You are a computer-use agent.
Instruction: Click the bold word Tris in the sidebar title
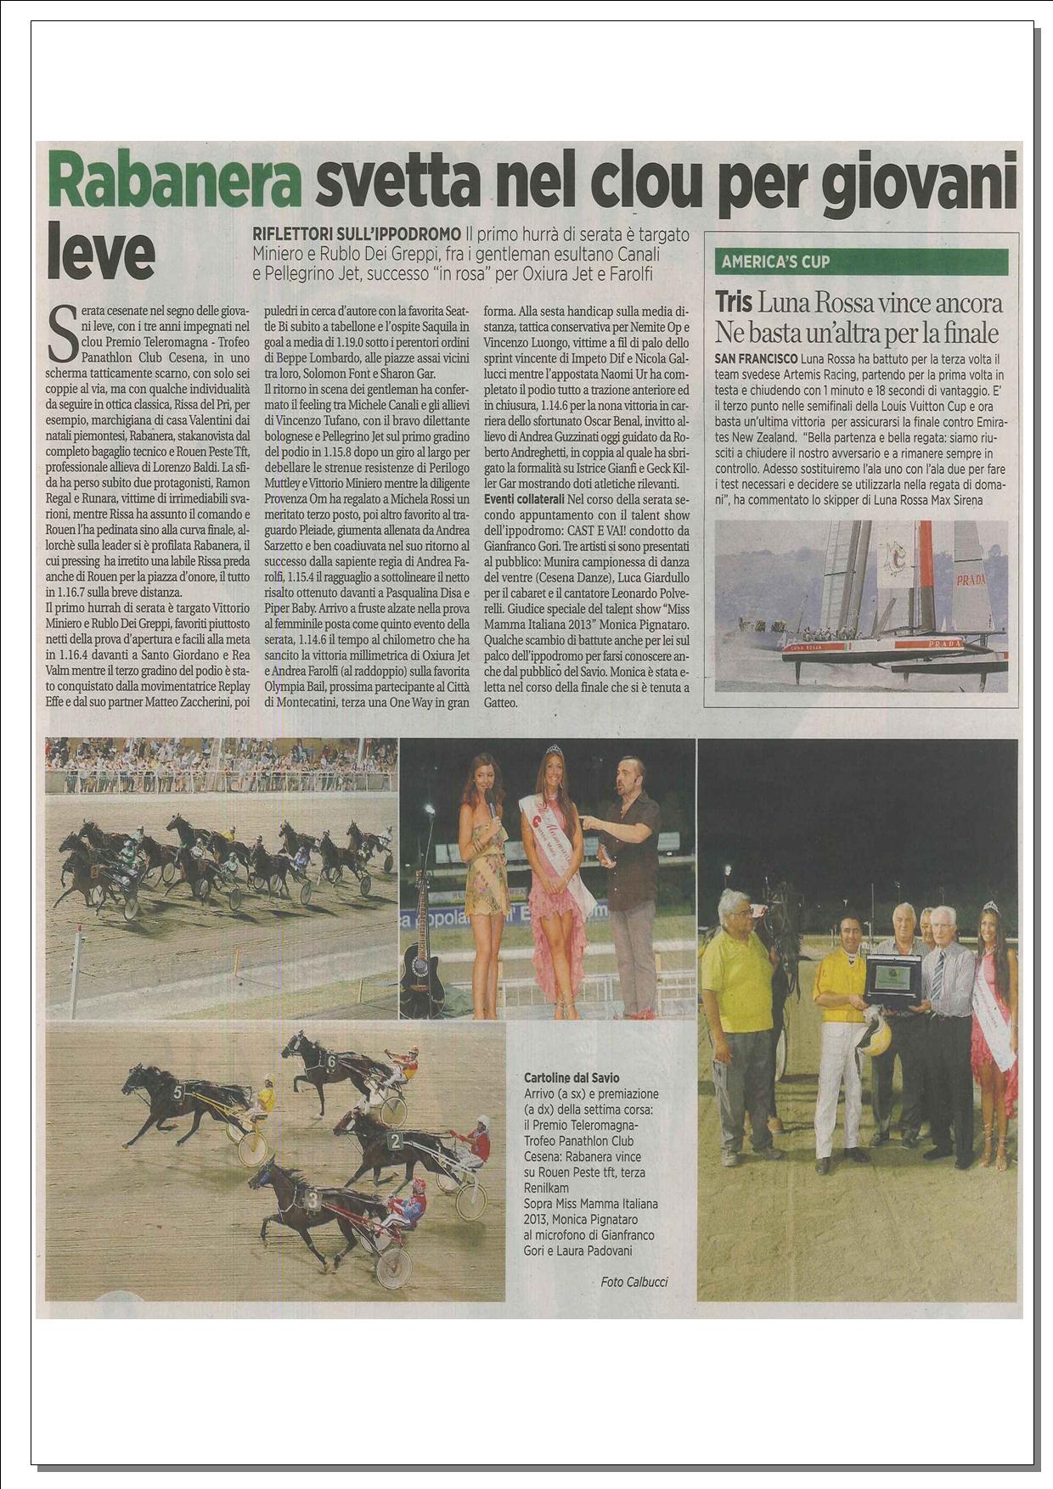point(734,302)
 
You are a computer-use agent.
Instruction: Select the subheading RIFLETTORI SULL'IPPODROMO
point(358,233)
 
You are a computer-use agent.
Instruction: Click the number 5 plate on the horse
point(177,1093)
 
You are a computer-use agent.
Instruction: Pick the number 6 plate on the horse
point(332,1061)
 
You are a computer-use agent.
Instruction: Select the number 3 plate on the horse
point(313,1200)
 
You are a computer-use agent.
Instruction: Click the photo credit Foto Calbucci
point(633,1282)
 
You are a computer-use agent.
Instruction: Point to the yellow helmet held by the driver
point(871,1037)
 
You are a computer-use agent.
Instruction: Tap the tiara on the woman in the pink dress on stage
point(555,749)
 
